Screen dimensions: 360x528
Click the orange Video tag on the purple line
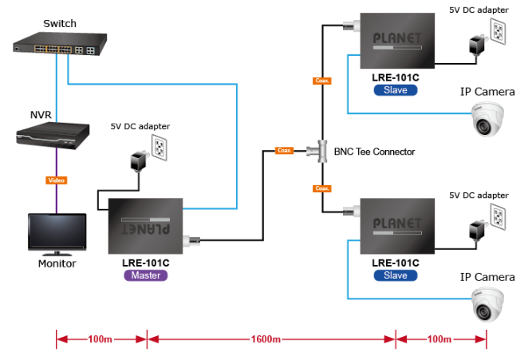(x=56, y=180)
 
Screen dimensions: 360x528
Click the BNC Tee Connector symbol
(x=321, y=150)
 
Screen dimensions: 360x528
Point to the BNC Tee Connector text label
(x=374, y=151)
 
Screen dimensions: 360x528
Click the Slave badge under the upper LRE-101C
(x=395, y=90)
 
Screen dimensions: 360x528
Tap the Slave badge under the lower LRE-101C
(x=395, y=275)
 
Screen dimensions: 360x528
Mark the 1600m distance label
(x=266, y=340)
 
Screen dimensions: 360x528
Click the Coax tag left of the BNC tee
(x=284, y=150)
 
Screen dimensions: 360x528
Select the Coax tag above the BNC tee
(x=322, y=81)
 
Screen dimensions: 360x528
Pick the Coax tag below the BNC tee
(x=322, y=188)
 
